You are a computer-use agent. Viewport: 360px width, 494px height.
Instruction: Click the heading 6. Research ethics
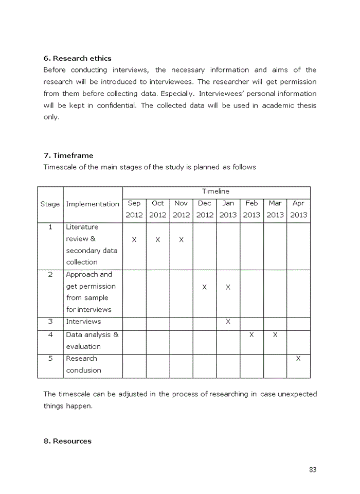tap(77, 58)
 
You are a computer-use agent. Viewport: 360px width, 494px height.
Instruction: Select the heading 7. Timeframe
tap(68, 155)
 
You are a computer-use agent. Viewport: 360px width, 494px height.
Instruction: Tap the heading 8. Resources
tap(67, 441)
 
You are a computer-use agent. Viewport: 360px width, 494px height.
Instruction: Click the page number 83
tap(313, 469)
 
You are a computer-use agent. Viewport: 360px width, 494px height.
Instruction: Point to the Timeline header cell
tap(216, 191)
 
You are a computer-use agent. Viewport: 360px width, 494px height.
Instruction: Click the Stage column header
tap(50, 204)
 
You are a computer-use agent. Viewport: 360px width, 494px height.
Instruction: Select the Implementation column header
tap(93, 204)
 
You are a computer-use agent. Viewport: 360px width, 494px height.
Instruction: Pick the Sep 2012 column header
tap(134, 209)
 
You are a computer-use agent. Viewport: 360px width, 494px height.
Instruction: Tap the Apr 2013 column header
tap(298, 209)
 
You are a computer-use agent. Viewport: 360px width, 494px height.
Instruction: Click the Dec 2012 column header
tap(205, 209)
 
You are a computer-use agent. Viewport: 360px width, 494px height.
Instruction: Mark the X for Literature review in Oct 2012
tap(158, 240)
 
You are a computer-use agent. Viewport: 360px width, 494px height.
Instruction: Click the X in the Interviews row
tap(228, 322)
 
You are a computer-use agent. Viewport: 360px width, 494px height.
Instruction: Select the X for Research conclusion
tap(298, 359)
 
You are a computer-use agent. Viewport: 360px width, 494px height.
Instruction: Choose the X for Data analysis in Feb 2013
tap(251, 335)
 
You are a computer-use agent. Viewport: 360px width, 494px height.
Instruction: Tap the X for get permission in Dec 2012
tap(205, 287)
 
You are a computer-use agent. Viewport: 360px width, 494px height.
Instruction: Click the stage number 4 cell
tap(50, 335)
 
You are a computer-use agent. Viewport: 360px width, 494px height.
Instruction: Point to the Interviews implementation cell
tap(83, 322)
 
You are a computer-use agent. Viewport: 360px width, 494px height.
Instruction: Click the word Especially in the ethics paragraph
tap(175, 94)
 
